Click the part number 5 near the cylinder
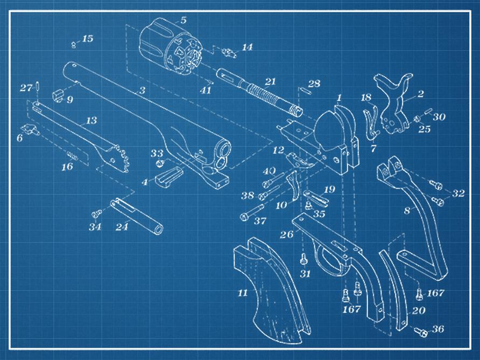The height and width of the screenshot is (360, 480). (183, 20)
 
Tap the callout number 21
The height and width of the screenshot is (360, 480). (270, 82)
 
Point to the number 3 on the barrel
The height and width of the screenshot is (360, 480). (142, 90)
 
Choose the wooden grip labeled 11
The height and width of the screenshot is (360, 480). (271, 291)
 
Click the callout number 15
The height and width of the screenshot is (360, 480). (87, 39)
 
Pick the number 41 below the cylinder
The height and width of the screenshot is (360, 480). (206, 90)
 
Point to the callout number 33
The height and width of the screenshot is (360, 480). (157, 153)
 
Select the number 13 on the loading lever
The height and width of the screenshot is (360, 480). (91, 121)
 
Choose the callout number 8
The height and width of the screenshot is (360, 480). (407, 210)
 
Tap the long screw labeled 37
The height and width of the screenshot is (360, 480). (252, 212)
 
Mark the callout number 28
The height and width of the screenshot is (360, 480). (314, 83)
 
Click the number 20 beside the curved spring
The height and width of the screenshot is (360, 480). (419, 310)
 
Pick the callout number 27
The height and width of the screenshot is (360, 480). (26, 88)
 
